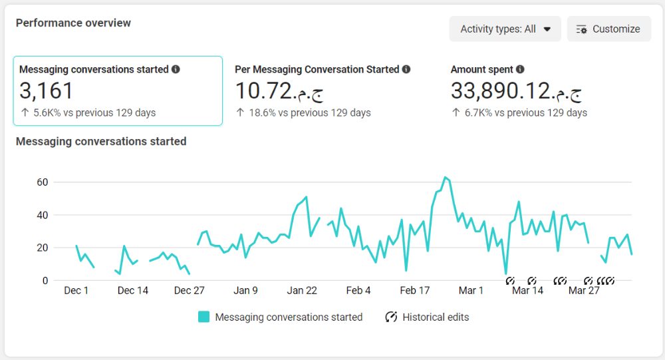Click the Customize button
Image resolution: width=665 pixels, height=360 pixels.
coord(608,29)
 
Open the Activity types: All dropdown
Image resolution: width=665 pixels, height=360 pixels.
coord(505,29)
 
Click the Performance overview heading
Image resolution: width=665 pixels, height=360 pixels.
coord(73,23)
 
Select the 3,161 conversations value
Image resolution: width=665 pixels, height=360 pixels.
coord(47,90)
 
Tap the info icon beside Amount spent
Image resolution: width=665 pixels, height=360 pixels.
coord(520,69)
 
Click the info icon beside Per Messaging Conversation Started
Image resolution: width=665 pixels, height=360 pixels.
coord(406,69)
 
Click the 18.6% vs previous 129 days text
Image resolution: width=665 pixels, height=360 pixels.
coord(310,112)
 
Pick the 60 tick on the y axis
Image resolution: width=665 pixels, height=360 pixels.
coord(43,182)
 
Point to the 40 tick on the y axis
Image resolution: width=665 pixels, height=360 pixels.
coord(43,215)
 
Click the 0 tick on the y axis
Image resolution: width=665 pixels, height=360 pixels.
coord(45,281)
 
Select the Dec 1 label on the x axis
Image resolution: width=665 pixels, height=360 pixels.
coord(76,290)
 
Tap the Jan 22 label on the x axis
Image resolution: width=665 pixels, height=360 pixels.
coord(302,290)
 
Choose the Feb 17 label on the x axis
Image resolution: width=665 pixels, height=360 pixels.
coord(415,290)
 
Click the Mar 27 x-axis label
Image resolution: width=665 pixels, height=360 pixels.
coord(584,290)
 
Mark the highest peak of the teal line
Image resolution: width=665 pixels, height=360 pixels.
coord(445,177)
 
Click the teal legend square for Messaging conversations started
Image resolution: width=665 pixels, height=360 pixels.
coord(204,317)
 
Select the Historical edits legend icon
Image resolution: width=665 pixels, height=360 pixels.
coord(391,317)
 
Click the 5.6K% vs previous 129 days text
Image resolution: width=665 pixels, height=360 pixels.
coord(94,112)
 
